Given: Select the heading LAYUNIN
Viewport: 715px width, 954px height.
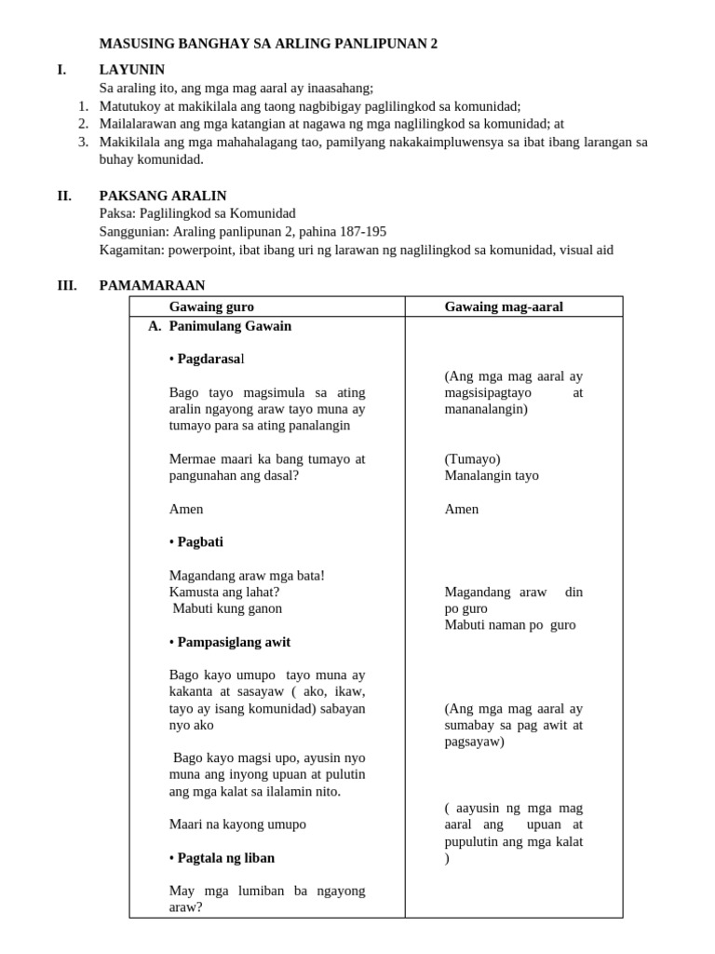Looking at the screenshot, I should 131,70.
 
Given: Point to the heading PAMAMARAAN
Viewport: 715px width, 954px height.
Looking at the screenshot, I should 152,285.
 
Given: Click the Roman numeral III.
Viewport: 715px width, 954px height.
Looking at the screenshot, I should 67,285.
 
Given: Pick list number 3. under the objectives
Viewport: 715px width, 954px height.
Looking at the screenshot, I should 83,142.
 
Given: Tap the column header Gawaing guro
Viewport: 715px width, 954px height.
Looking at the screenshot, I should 211,307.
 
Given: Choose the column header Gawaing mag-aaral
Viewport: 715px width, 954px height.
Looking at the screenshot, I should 504,307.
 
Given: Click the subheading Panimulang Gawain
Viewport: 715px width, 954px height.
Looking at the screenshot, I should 230,326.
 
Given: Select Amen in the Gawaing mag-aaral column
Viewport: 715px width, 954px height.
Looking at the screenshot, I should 462,509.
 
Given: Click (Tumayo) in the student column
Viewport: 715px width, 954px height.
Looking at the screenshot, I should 472,458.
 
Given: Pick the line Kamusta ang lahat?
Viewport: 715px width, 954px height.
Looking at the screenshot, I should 224,592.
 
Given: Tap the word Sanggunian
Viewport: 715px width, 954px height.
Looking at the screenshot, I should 134,231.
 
